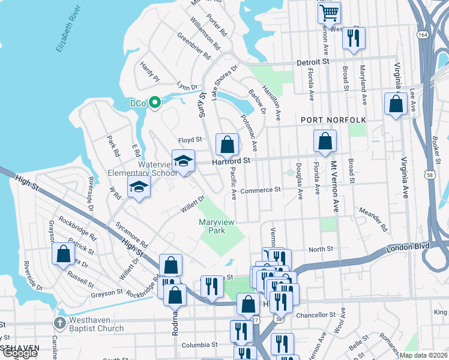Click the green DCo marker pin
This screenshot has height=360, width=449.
[x=154, y=103]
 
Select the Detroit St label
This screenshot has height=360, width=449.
[x=313, y=62]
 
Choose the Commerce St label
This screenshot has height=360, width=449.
[x=261, y=190]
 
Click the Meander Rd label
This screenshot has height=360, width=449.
[x=373, y=219]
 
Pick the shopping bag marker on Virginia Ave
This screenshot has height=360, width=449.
[x=396, y=104]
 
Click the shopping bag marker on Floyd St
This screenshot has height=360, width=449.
[x=227, y=144]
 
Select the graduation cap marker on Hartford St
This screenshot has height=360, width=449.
[x=184, y=161]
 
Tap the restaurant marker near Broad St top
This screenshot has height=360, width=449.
[x=352, y=38]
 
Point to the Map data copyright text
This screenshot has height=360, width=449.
[x=425, y=355]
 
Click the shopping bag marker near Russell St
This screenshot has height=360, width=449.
[x=63, y=254]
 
